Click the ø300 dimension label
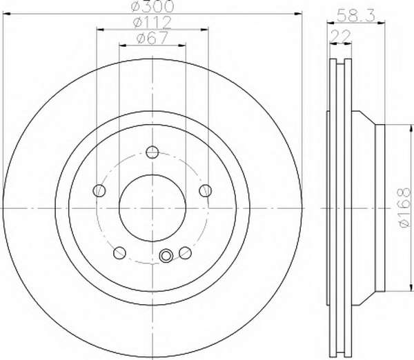tap(152, 6)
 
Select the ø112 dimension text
tap(152, 23)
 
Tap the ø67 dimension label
tap(152, 38)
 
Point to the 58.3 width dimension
tap(356, 16)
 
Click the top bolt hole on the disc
tap(152, 152)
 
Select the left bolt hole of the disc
tap(99, 190)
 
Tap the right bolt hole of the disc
tap(206, 190)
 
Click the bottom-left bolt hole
tap(119, 253)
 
